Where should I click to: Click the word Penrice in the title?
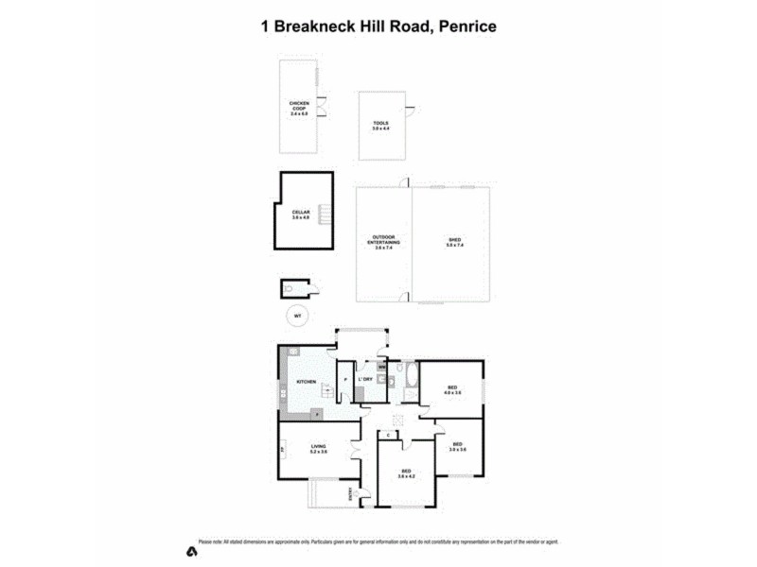pyautogui.click(x=465, y=27)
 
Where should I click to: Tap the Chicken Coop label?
pyautogui.click(x=299, y=108)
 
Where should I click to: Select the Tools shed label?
pyautogui.click(x=380, y=126)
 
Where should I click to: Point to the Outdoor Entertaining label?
pyautogui.click(x=383, y=242)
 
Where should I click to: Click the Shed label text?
pyautogui.click(x=454, y=243)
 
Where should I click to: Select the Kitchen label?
pyautogui.click(x=306, y=381)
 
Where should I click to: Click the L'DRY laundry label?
pyautogui.click(x=365, y=380)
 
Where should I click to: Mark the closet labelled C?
pyautogui.click(x=388, y=436)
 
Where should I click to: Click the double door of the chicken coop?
pyautogui.click(x=323, y=109)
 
